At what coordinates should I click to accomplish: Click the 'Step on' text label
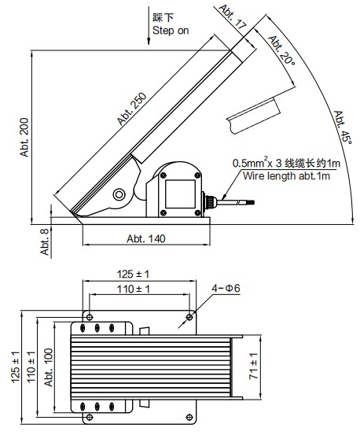pyautogui.click(x=171, y=30)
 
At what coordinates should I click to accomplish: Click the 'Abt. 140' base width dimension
pyautogui.click(x=145, y=238)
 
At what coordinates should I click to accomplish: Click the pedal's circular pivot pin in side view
pyautogui.click(x=119, y=194)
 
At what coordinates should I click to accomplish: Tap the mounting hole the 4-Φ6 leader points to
pyautogui.click(x=189, y=317)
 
